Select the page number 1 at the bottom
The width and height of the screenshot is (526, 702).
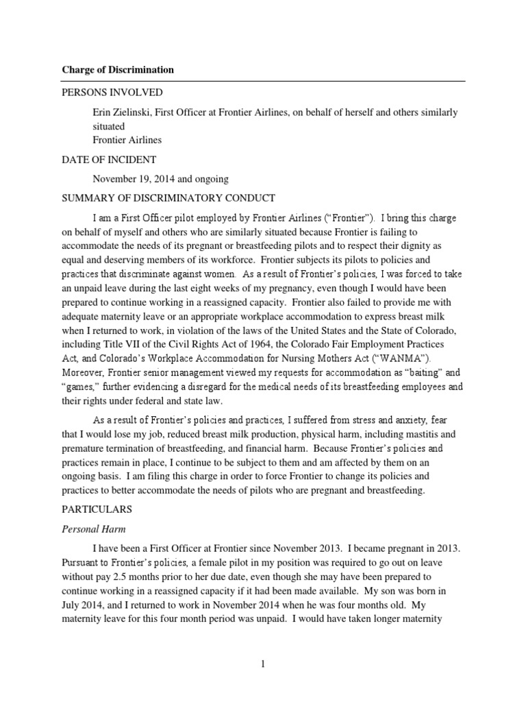tap(263, 664)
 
